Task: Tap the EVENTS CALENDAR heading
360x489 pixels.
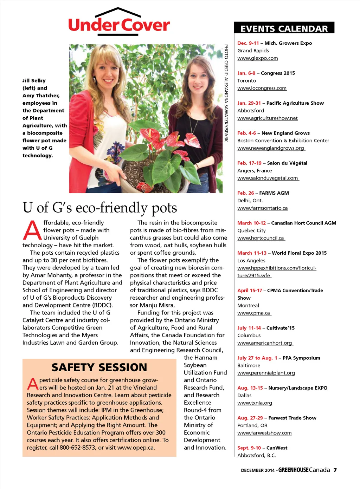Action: pos(284,28)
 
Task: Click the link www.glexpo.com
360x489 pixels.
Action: pos(258,58)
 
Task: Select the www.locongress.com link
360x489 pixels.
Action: pos(262,88)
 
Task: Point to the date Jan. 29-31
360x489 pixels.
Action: pos(249,103)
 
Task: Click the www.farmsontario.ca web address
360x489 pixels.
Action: pos(262,208)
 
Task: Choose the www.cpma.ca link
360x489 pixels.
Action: pos(254,313)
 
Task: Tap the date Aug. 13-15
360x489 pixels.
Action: pos(250,388)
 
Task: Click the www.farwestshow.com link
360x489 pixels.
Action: pos(264,433)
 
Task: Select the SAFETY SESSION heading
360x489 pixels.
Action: pos(99,367)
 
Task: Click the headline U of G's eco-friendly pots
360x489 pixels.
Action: pos(100,208)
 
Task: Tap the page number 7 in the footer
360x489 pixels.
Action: pos(335,470)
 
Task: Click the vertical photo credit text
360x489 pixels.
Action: pos(226,93)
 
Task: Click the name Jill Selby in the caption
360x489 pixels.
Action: pos(34,81)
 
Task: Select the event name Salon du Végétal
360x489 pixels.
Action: pos(287,163)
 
